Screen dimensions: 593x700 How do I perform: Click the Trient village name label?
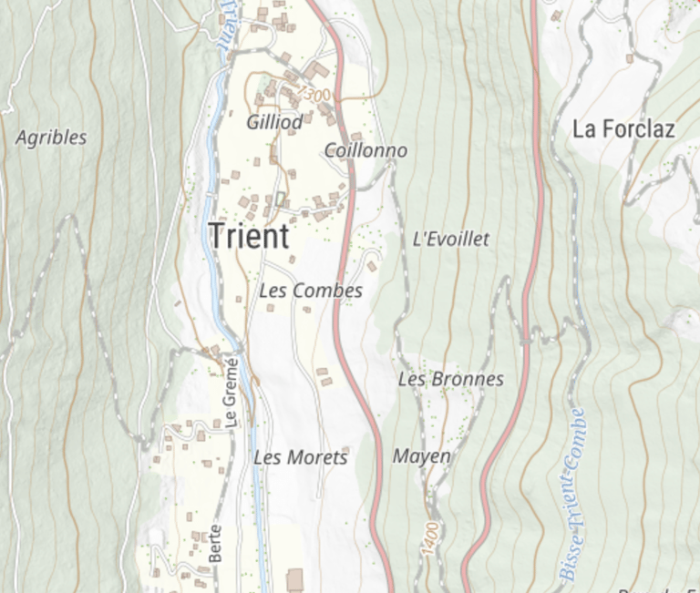click(x=249, y=237)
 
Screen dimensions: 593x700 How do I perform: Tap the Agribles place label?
click(x=52, y=138)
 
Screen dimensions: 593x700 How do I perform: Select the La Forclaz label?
click(x=623, y=129)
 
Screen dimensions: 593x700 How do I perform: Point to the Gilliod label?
click(x=274, y=122)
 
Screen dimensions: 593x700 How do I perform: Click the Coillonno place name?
click(x=365, y=150)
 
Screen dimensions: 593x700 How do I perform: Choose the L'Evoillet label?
click(x=450, y=240)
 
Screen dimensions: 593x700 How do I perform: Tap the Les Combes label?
click(x=311, y=291)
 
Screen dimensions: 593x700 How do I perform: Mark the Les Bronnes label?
click(x=450, y=379)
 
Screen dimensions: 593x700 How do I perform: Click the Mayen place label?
click(x=421, y=455)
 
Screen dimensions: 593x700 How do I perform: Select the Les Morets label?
click(x=300, y=457)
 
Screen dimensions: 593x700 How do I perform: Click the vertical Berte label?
click(x=216, y=543)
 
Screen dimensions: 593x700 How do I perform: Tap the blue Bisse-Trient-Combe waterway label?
click(x=571, y=496)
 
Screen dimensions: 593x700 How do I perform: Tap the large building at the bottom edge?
click(x=294, y=580)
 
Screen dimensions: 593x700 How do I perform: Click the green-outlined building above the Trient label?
click(x=280, y=199)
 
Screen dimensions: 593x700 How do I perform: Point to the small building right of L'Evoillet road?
click(x=372, y=266)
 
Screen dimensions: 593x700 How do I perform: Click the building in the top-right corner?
click(x=556, y=15)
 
